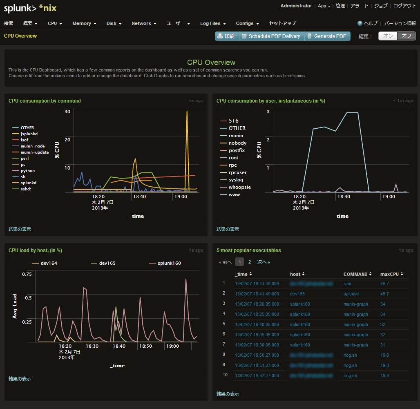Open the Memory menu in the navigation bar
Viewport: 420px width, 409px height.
(84, 23)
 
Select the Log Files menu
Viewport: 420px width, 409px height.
(212, 23)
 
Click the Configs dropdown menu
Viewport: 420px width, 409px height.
(247, 23)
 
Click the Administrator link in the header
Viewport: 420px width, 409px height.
(296, 6)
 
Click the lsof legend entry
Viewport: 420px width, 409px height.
(25, 140)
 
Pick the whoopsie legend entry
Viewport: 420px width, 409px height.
(240, 187)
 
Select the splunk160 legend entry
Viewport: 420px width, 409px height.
(169, 263)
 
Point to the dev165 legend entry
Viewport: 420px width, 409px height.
(107, 263)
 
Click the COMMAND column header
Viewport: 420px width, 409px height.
(357, 274)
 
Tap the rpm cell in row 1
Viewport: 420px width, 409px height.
(347, 284)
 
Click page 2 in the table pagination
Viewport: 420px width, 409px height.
(250, 262)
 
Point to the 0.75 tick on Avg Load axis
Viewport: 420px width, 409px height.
(27, 274)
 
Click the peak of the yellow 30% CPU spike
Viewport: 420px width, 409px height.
(187, 111)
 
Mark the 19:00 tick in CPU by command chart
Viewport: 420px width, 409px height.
(181, 197)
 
